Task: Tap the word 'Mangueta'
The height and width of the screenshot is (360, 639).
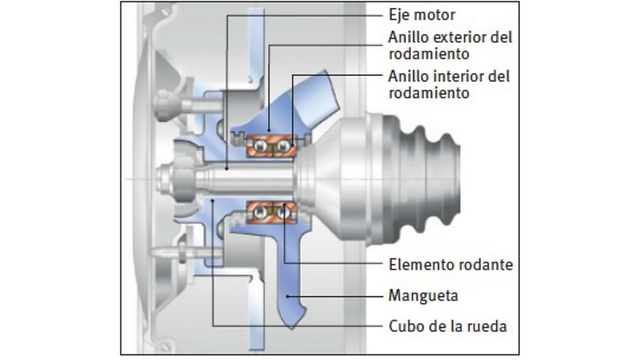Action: pos(423,296)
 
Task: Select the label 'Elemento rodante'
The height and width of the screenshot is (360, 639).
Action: pos(450,264)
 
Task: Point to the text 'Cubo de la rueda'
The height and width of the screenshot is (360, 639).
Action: pos(448,326)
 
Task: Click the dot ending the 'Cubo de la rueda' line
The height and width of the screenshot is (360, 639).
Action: pos(212,200)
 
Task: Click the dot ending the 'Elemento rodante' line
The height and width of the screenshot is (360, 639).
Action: pos(284,208)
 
